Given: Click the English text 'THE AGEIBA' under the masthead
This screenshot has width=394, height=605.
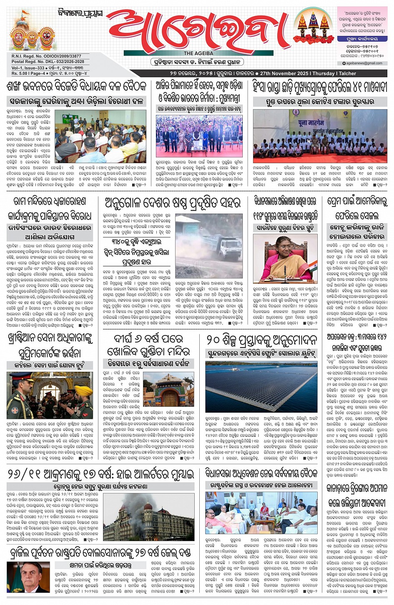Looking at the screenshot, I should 198,53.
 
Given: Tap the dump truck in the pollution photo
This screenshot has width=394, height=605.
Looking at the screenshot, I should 224,246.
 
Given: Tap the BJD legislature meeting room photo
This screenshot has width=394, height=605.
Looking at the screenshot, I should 100,136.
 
